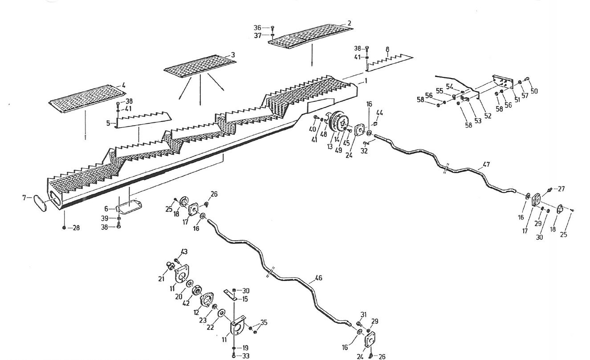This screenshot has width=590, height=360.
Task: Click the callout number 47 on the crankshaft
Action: [486, 165]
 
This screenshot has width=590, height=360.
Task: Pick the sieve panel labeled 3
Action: [199, 66]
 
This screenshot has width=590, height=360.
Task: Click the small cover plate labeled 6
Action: [130, 207]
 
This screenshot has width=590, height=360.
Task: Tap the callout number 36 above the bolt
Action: [257, 28]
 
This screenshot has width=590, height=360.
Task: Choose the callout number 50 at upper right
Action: [534, 91]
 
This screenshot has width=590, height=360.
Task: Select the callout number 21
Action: [161, 279]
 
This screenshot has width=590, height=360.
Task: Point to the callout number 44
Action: [379, 113]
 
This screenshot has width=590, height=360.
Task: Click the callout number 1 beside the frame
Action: [366, 81]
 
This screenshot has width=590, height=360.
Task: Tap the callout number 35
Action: [264, 323]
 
